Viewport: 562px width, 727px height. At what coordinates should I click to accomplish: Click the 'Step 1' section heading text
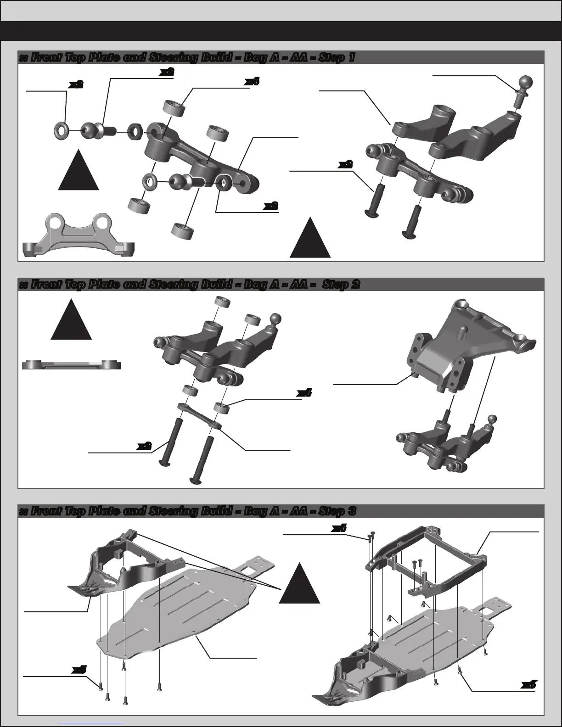tap(186, 58)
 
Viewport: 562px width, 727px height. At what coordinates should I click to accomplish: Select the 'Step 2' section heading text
tap(188, 285)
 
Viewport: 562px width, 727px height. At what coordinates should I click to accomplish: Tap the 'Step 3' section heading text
tap(187, 511)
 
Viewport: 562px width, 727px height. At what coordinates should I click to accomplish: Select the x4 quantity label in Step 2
tap(304, 393)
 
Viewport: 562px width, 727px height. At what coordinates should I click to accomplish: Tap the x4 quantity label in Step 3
tap(338, 529)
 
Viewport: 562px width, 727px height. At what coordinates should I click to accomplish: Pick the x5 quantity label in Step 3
tap(79, 670)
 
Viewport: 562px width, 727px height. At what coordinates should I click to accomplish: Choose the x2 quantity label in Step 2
tap(145, 446)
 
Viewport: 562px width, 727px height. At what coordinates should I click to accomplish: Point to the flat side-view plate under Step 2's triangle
tap(72, 365)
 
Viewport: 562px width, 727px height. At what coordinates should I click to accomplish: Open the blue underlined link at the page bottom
tap(91, 722)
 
